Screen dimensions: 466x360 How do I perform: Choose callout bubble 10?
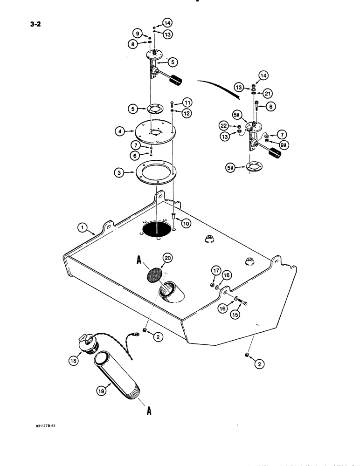click(x=186, y=224)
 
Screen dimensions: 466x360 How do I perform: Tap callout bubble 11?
click(x=187, y=102)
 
